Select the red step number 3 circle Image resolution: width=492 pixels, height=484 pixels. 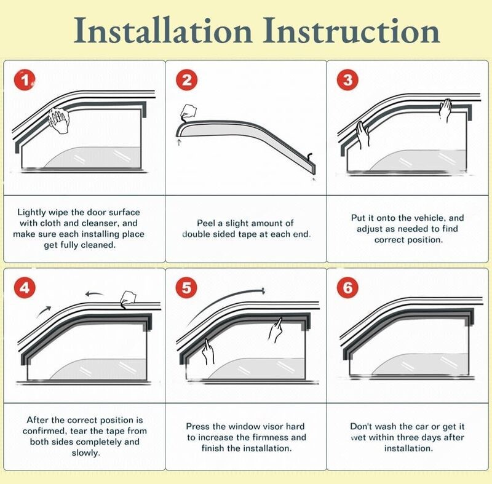[348, 80]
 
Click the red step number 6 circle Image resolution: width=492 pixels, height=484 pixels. [348, 288]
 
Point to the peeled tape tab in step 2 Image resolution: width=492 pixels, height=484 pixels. [188, 112]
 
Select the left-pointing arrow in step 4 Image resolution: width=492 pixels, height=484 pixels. [95, 294]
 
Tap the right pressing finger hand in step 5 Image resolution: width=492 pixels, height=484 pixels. [276, 330]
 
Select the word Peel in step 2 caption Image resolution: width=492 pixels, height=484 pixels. [207, 223]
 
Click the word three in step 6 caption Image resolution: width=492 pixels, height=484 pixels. [400, 437]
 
